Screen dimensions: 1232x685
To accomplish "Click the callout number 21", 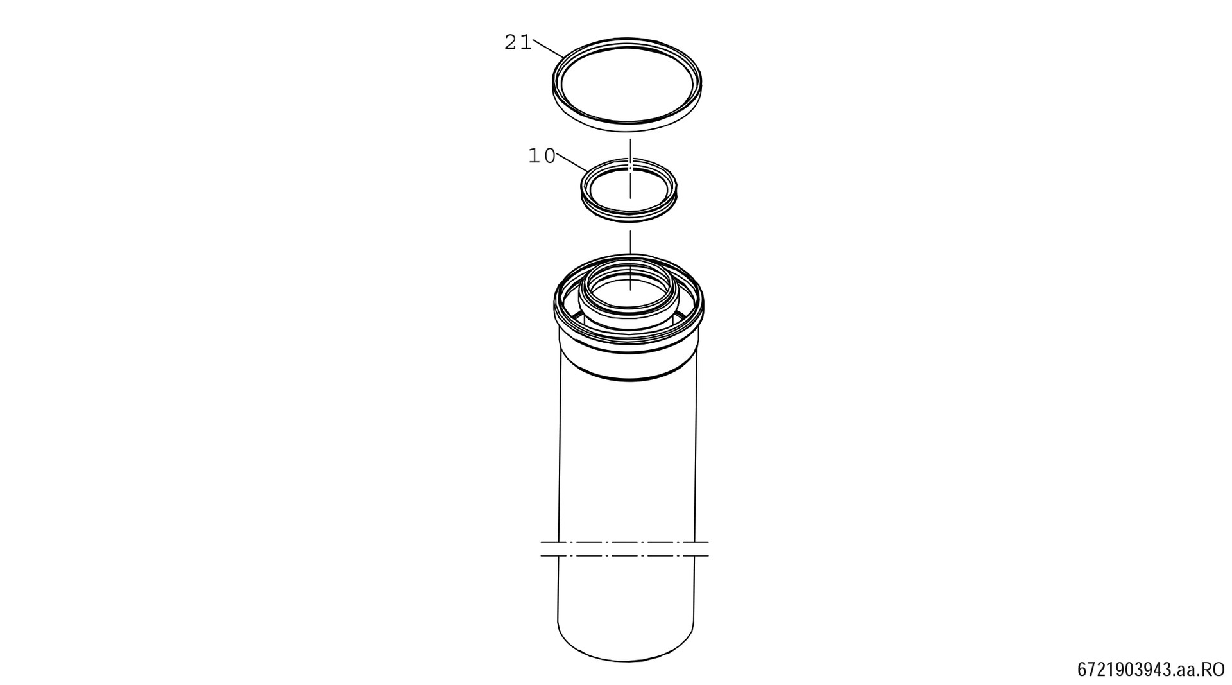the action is click(518, 42).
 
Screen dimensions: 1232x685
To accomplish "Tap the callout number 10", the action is click(542, 155).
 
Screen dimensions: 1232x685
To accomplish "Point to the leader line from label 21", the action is click(548, 49).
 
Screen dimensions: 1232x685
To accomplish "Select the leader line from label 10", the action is click(572, 162).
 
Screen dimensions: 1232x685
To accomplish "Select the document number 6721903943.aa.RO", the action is click(1151, 670).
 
